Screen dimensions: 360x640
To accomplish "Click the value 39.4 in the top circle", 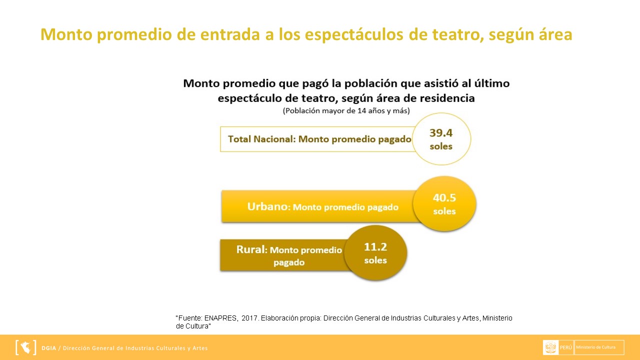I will tap(440, 133).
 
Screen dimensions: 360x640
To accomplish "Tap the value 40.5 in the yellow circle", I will tap(444, 197).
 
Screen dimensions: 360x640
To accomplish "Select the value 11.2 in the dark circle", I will tap(375, 246).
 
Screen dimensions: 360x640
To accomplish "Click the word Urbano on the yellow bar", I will tap(267, 206).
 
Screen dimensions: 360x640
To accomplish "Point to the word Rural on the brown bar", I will tap(250, 249).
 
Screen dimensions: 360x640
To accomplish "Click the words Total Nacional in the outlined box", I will tap(261, 139).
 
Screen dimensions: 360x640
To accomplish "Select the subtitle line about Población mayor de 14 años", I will tap(346, 110).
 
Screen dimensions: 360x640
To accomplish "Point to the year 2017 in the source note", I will tap(249, 318).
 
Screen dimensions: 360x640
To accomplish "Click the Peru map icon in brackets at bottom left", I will tap(25, 347).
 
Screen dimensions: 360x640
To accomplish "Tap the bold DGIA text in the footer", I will tap(49, 348).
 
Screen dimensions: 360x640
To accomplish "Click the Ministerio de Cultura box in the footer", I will tap(599, 347).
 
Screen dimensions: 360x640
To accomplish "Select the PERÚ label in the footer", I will tap(566, 347).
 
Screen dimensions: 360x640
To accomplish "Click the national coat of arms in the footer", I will tap(551, 347).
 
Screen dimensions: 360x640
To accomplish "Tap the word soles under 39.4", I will tap(440, 146).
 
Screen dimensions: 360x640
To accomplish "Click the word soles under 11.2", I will tap(375, 260).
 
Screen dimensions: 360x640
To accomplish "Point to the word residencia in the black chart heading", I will tap(446, 98).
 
